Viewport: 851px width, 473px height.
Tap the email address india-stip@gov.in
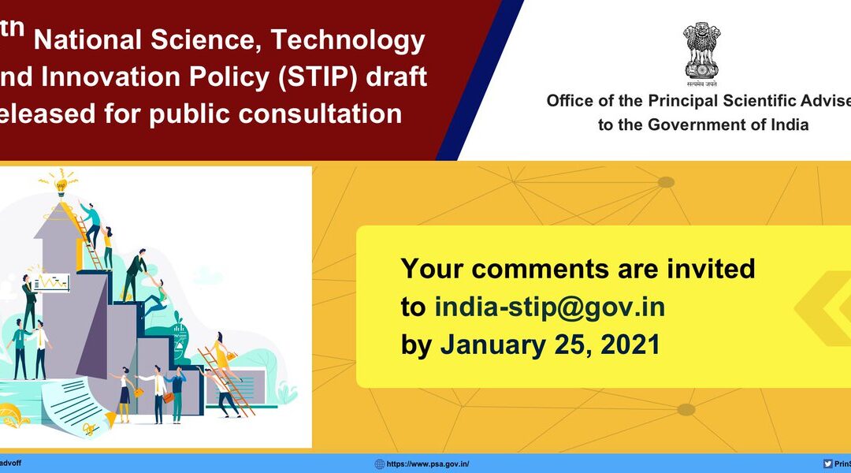[x=549, y=307]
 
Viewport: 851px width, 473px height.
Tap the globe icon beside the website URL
[x=380, y=464]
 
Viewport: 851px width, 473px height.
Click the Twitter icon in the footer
[x=827, y=464]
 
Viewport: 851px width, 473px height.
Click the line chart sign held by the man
[x=53, y=281]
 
